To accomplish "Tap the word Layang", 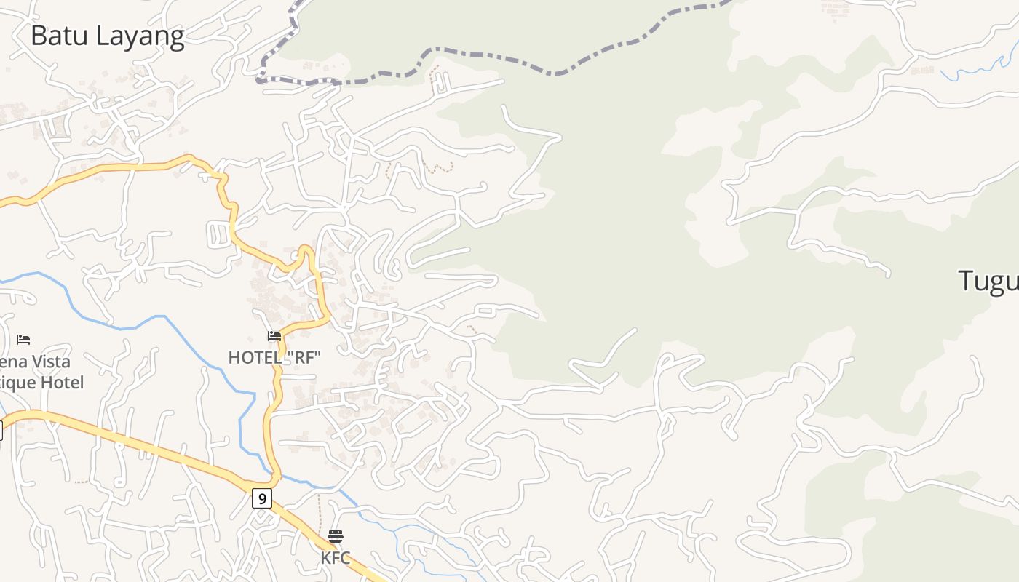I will click(x=141, y=37).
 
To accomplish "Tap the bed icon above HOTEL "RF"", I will click(x=274, y=336).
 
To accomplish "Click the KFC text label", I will click(x=336, y=558).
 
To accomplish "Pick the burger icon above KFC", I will click(x=336, y=536).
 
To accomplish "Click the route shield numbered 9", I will click(x=262, y=498).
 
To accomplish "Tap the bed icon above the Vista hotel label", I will click(x=23, y=339).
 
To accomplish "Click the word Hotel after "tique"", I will click(x=62, y=383).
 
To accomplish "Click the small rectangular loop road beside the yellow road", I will click(x=218, y=235).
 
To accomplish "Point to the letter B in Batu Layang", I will click(x=39, y=36).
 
